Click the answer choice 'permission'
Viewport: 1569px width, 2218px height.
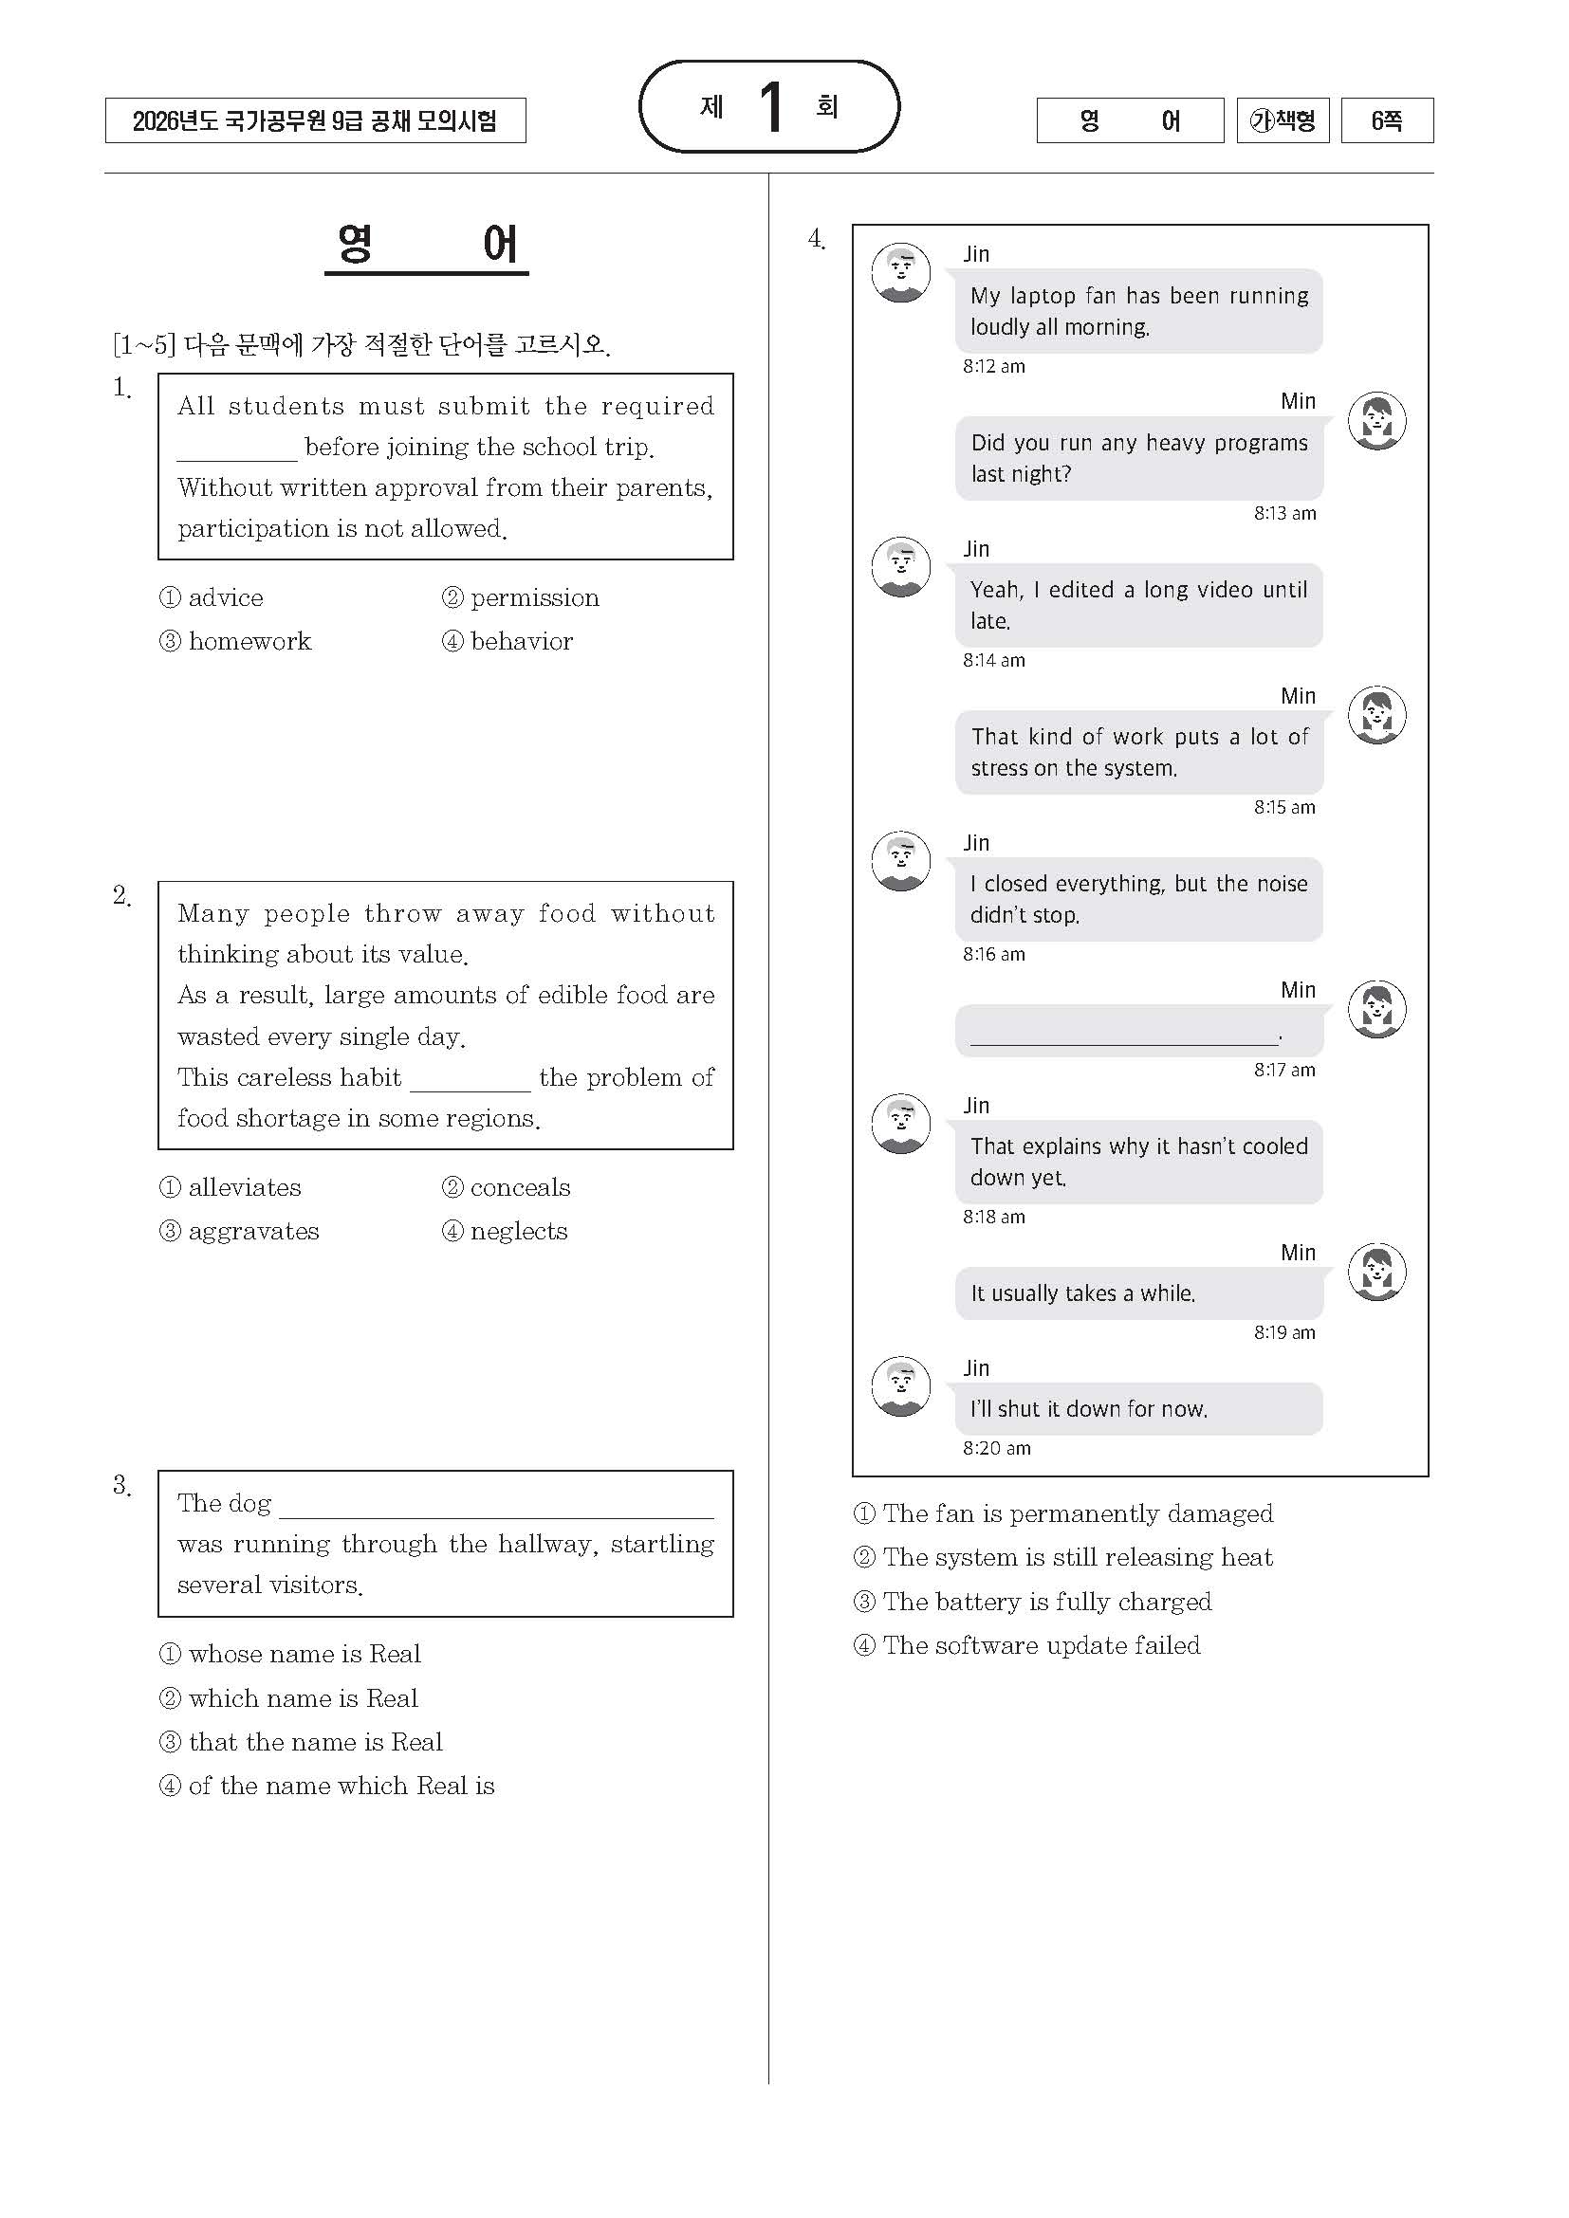[x=533, y=598]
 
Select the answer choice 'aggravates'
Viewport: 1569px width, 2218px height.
[x=252, y=1231]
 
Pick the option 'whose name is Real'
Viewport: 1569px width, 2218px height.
[x=304, y=1654]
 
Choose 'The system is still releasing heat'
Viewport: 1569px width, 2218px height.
[x=1077, y=1557]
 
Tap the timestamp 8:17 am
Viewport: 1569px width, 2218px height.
[x=1284, y=1070]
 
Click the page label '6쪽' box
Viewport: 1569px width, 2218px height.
[x=1387, y=120]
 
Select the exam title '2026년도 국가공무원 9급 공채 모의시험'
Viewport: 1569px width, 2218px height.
[x=315, y=120]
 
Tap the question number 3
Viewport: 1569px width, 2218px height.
[x=120, y=1485]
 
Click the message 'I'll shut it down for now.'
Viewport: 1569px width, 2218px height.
[x=1089, y=1408]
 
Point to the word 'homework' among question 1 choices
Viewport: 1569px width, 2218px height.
[x=249, y=641]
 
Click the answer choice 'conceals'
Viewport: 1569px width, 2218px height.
[x=520, y=1187]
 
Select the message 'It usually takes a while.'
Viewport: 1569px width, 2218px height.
[x=1083, y=1292]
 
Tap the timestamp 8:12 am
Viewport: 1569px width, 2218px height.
[x=993, y=366]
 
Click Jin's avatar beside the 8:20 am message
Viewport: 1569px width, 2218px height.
[x=900, y=1385]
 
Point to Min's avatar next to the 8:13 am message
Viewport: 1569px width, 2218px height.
[x=1376, y=420]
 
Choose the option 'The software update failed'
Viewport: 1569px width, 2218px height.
[x=1041, y=1645]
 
